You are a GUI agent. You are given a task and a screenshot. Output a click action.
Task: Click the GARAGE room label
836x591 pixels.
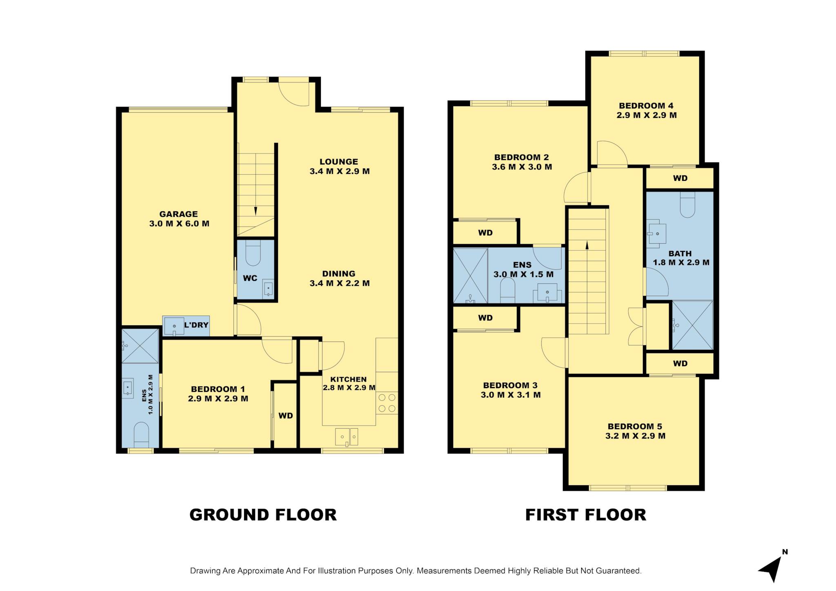tap(178, 214)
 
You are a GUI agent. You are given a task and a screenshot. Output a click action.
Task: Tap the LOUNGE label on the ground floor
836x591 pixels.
tap(339, 162)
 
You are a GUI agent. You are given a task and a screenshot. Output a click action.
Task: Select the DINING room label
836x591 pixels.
tap(339, 273)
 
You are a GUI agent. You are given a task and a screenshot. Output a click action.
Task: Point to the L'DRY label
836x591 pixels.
tap(196, 325)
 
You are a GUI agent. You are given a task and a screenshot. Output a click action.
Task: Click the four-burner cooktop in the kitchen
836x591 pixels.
tap(387, 403)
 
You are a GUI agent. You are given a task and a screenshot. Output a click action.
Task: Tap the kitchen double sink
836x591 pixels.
tap(347, 437)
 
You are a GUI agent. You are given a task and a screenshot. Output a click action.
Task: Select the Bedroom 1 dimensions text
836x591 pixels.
tap(218, 399)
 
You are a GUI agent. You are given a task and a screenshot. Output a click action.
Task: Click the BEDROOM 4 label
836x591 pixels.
tap(646, 106)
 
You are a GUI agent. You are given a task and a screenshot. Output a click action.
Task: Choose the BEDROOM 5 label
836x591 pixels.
tap(635, 427)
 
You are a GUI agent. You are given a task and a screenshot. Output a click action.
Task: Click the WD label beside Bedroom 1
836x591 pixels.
tap(286, 415)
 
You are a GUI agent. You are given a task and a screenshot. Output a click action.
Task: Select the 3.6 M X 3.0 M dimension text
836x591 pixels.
tap(522, 167)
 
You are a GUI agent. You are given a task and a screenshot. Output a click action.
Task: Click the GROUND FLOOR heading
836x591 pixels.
tap(263, 515)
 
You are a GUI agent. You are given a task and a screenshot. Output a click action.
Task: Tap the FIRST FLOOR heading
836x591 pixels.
tap(586, 515)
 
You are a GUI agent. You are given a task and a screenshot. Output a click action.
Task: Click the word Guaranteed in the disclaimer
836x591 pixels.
tap(618, 571)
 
